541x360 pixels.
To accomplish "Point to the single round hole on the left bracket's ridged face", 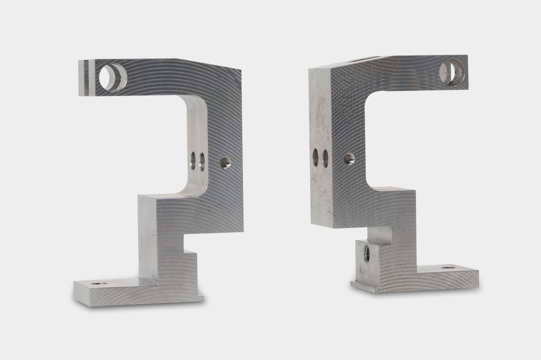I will click(225, 162).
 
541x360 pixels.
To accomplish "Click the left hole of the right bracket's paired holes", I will click(315, 157).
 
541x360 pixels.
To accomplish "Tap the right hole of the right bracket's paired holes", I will click(325, 158).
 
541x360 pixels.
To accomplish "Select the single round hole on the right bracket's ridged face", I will click(349, 159).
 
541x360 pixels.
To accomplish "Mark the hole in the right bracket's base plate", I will click(446, 268).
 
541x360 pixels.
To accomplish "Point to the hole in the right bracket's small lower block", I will click(367, 253).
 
